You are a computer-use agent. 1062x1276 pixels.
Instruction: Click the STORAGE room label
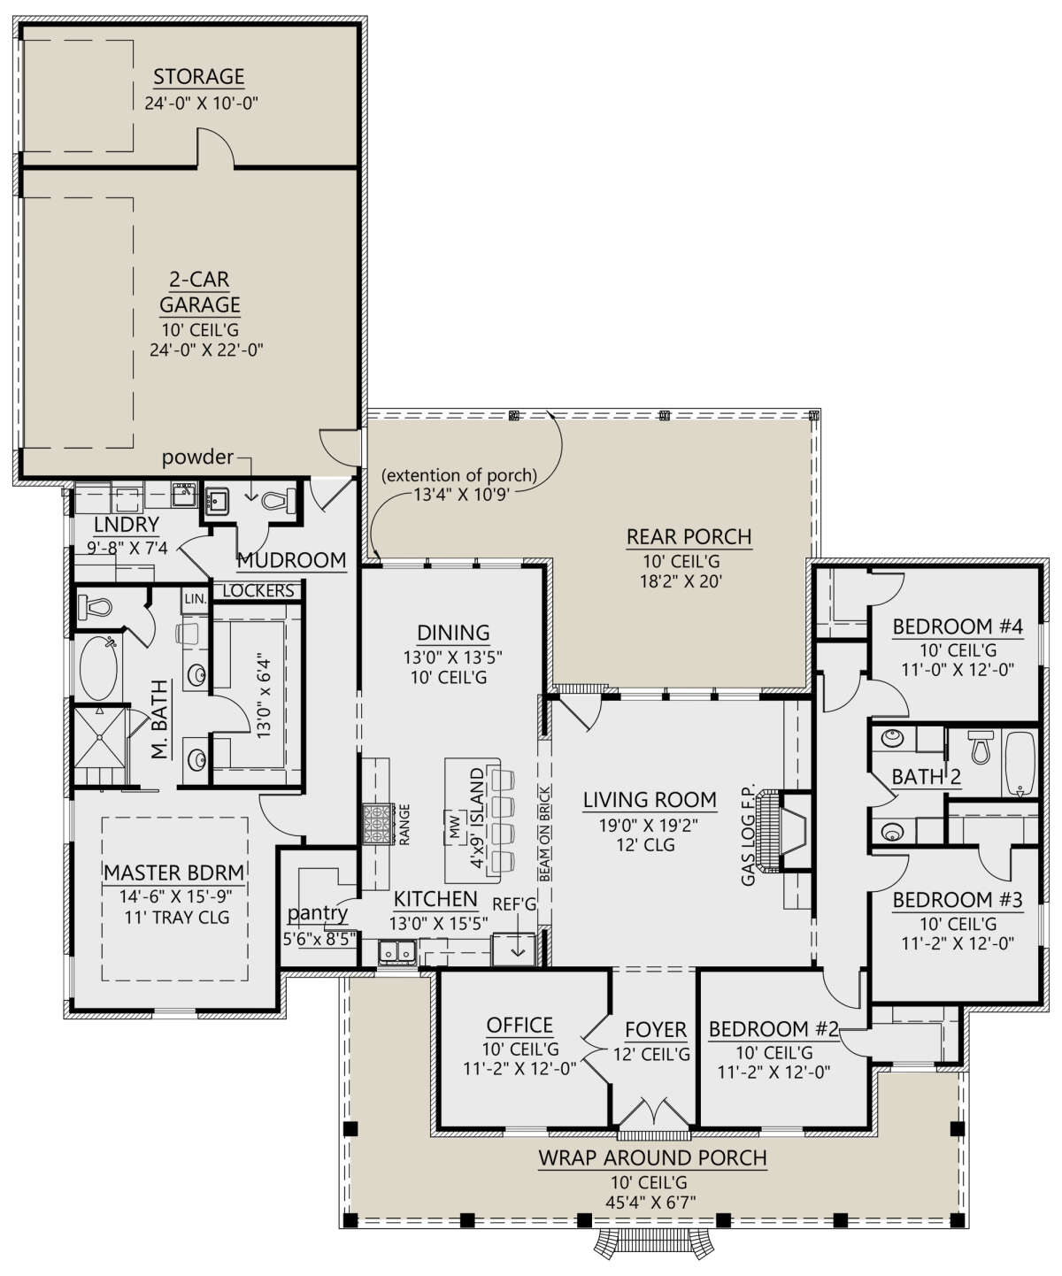[x=199, y=77]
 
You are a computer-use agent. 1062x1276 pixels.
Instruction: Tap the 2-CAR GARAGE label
[x=200, y=291]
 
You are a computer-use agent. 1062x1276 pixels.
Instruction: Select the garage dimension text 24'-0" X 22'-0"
[x=206, y=350]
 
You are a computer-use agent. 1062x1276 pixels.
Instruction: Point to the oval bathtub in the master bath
[x=98, y=668]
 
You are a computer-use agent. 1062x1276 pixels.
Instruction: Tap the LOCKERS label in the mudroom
[x=258, y=591]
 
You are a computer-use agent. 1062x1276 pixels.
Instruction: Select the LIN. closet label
[x=195, y=599]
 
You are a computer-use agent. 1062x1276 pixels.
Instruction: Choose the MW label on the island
[x=454, y=827]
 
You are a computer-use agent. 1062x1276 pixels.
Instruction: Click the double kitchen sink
[x=396, y=951]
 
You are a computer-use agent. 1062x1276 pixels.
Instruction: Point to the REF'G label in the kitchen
[x=513, y=904]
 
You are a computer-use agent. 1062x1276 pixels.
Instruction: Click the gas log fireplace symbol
[x=782, y=831]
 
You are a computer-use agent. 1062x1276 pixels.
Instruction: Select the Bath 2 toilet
[x=980, y=747]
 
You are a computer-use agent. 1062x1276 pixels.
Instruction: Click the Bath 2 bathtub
[x=1020, y=764]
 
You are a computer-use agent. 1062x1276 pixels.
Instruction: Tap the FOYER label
[x=656, y=1030]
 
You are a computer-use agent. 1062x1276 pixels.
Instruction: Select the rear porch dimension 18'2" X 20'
[x=681, y=581]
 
